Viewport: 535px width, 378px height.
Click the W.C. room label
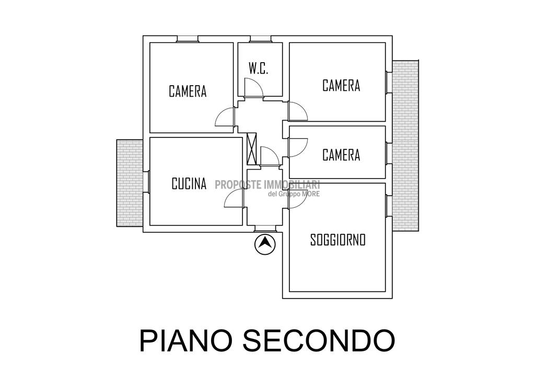259,68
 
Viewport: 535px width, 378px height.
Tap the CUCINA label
189,184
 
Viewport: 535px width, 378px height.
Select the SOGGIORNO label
338,240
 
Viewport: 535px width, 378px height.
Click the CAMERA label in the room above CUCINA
188,91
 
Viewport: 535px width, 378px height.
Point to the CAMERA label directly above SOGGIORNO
341,155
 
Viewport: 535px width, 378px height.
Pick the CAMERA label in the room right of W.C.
341,86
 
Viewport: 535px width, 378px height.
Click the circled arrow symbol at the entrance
265,244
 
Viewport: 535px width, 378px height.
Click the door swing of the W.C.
253,88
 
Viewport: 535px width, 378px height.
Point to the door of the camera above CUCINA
225,117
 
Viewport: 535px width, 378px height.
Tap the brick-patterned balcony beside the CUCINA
130,183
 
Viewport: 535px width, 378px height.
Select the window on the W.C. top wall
260,39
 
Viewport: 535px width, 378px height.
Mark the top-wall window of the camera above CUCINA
188,39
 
